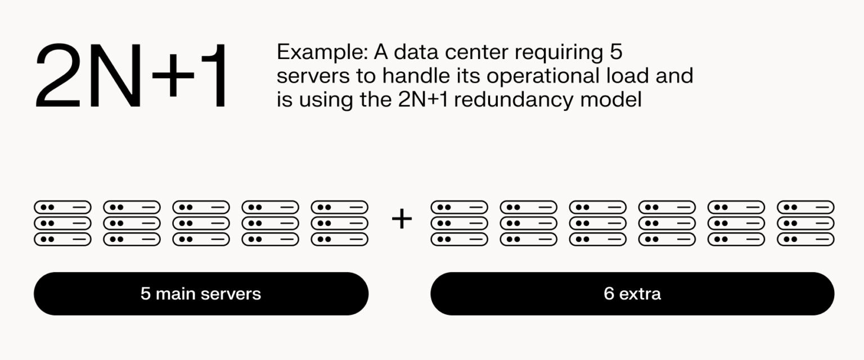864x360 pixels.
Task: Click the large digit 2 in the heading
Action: click(61, 77)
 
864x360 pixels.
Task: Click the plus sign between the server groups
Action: click(402, 219)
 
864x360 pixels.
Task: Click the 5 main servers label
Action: click(201, 294)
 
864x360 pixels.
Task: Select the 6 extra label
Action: click(632, 294)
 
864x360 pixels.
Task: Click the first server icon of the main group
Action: click(62, 223)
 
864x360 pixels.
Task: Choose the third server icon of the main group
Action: click(201, 223)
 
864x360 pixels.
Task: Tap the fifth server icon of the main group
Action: click(339, 223)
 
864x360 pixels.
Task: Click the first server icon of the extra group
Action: click(459, 223)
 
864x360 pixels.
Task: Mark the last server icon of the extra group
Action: click(805, 223)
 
